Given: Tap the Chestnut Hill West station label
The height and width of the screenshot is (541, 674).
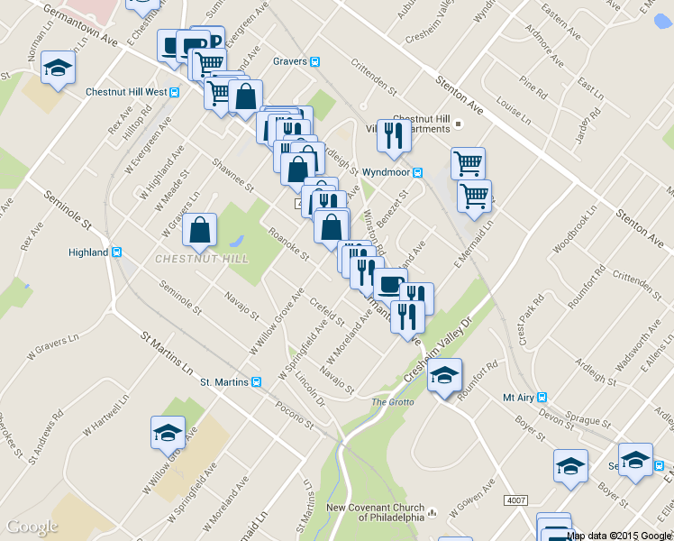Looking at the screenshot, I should coord(126,92).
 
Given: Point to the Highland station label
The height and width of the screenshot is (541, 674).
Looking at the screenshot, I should coord(88,252).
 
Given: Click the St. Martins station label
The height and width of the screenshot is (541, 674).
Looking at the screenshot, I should coord(223,382).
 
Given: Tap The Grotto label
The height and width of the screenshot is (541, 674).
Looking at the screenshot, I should coord(390,401).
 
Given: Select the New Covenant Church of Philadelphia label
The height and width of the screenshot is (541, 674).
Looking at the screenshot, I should coord(374,512).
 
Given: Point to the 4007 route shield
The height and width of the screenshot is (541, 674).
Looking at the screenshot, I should coord(516,500).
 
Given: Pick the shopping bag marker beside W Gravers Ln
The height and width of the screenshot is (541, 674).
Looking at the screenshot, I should coord(199,231).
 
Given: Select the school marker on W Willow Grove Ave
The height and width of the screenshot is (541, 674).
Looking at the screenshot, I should coord(168,434).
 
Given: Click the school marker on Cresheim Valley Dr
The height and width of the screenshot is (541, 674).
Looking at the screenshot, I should coord(444,375).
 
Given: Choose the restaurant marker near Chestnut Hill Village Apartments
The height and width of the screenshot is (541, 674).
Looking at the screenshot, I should coord(394,136).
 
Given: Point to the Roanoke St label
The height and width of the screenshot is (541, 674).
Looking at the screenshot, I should coord(288,243).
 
